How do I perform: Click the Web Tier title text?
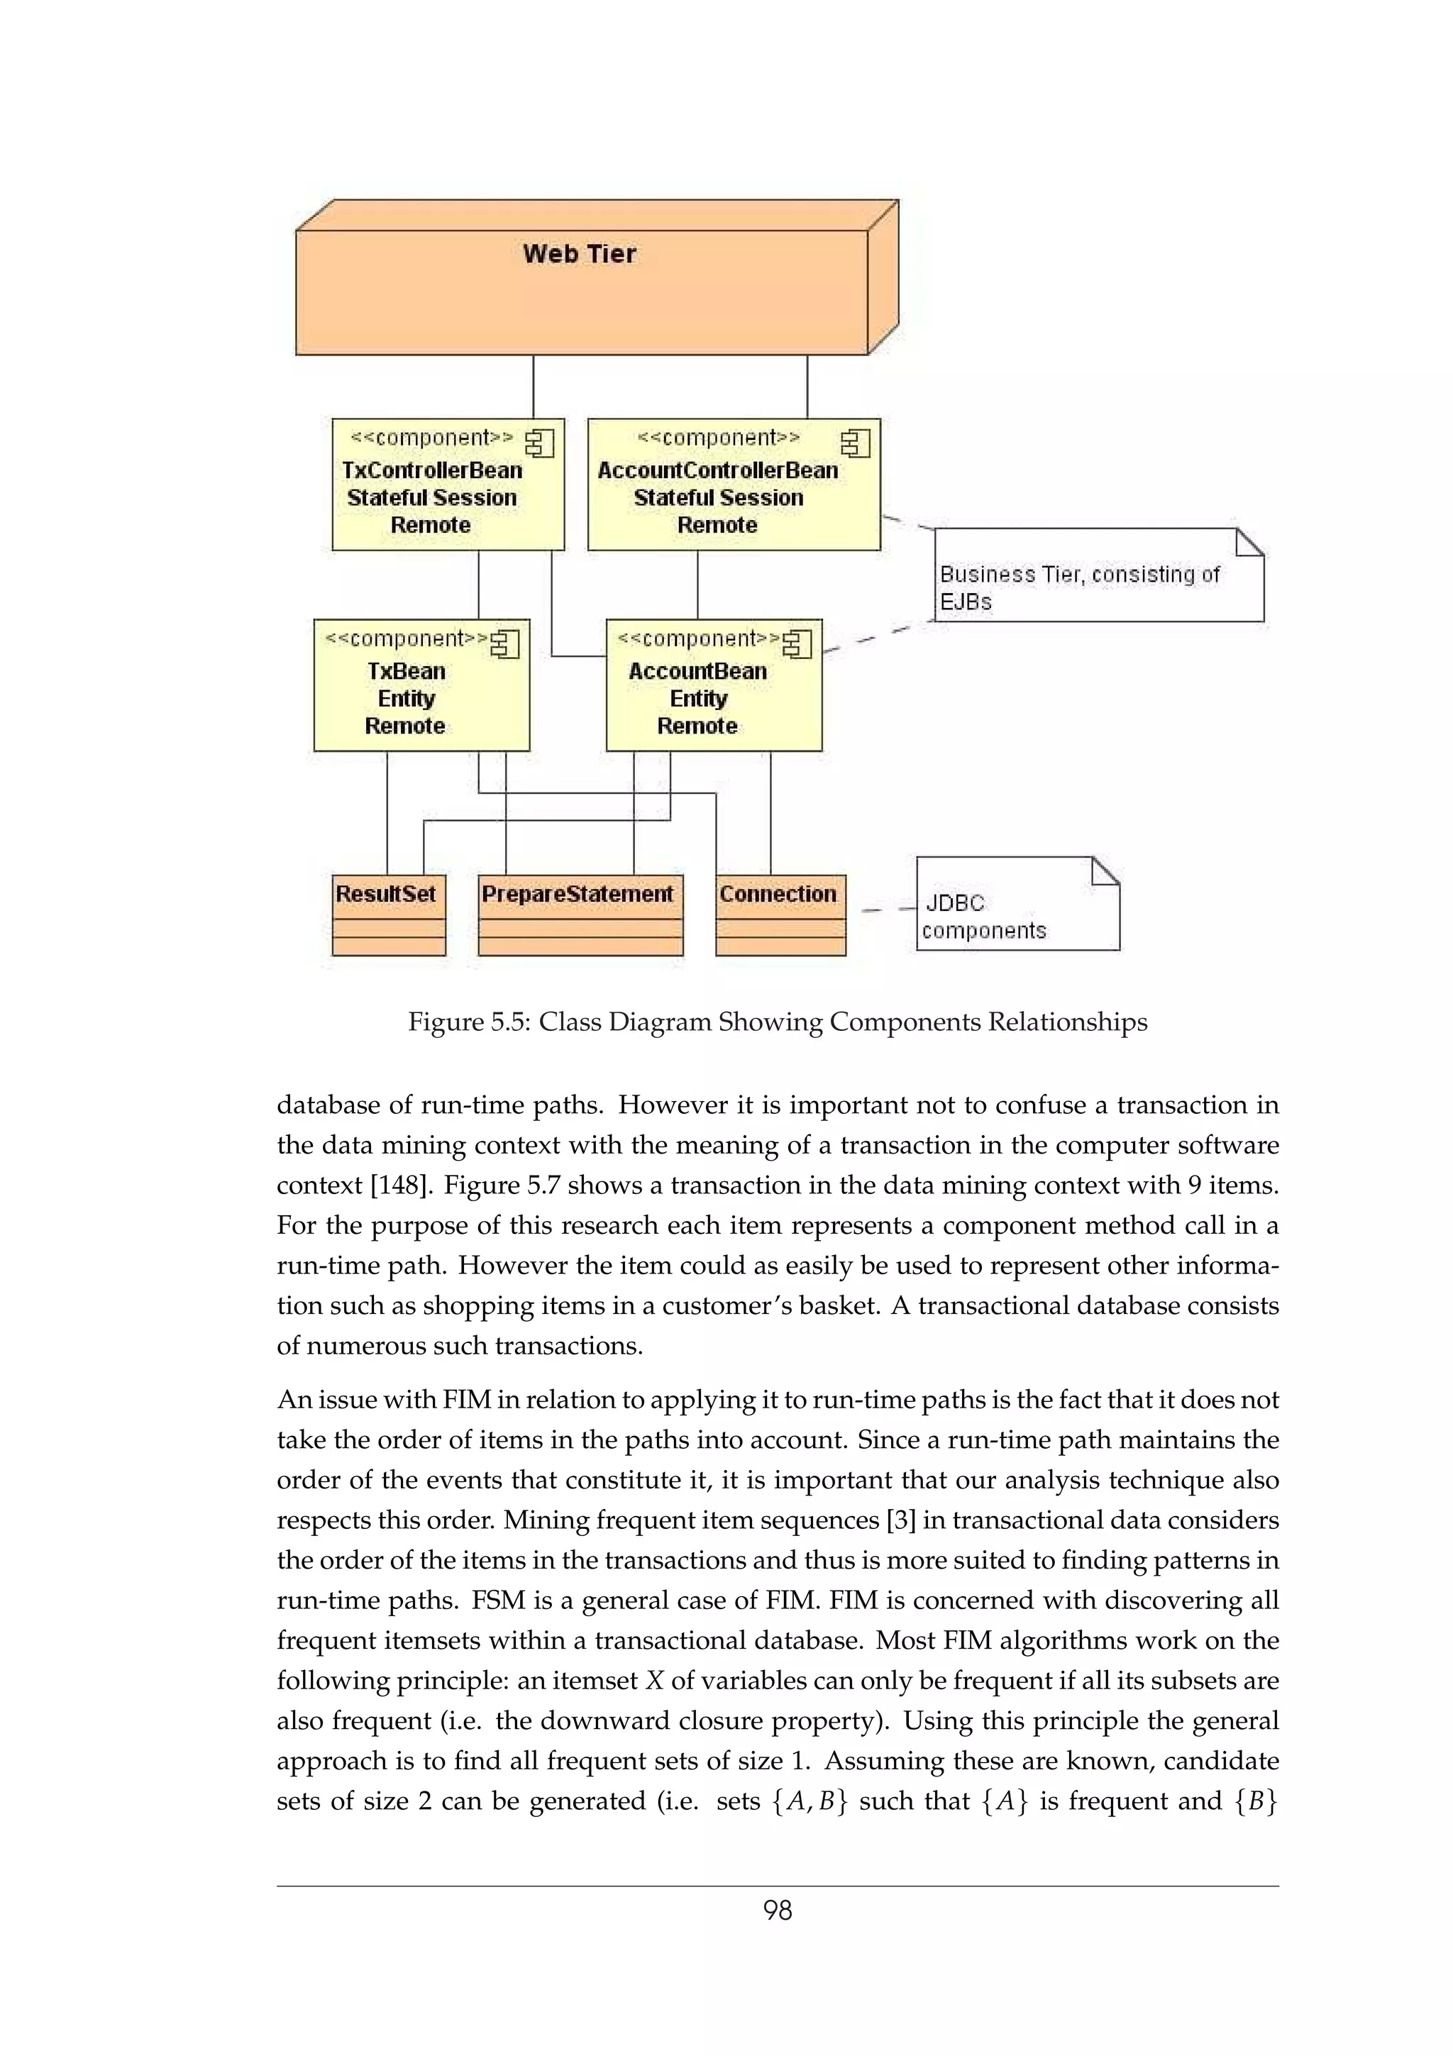pos(579,254)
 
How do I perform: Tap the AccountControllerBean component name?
pos(717,470)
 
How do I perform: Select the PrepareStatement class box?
pos(580,914)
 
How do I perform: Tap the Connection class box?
pos(780,914)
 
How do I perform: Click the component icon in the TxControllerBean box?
pos(540,443)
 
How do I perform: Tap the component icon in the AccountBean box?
pos(797,644)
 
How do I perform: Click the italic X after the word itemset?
pos(653,1681)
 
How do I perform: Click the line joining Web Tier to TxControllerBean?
pos(534,386)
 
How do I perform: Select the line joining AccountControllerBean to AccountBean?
pos(697,584)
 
